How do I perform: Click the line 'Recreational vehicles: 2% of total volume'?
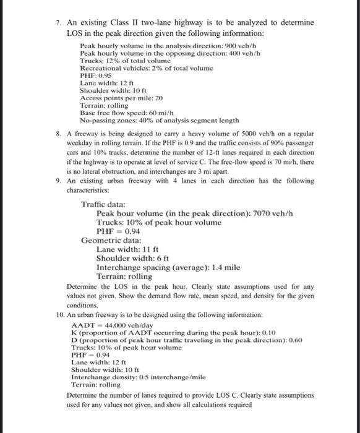pos(142,68)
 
